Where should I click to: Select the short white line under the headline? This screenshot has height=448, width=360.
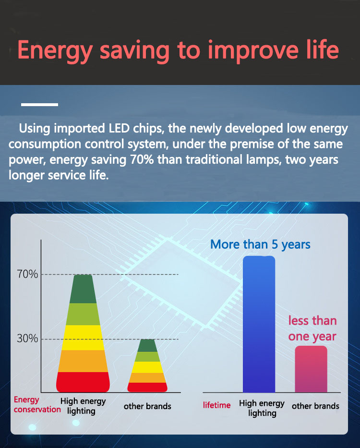point(39,105)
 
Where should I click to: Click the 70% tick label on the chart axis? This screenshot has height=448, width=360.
point(27,274)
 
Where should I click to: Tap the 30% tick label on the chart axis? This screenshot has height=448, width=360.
point(27,339)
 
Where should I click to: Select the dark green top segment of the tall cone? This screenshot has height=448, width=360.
point(83,289)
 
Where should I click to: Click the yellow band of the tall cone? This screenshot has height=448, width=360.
point(83,338)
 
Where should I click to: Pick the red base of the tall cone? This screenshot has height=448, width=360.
point(83,382)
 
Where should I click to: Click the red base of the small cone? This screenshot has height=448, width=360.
point(147,387)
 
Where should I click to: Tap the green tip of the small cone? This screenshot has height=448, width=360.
point(147,345)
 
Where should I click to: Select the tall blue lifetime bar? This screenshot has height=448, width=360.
point(259,324)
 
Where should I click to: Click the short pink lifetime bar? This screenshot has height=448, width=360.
point(311,369)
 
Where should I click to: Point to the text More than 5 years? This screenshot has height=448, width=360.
point(260,245)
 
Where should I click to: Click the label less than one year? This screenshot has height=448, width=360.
point(312,328)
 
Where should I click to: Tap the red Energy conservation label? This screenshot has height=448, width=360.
point(37,405)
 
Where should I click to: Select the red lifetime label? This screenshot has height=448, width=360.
point(216,405)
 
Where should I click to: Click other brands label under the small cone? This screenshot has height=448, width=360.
point(147,406)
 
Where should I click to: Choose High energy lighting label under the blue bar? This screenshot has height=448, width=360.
point(262,408)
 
